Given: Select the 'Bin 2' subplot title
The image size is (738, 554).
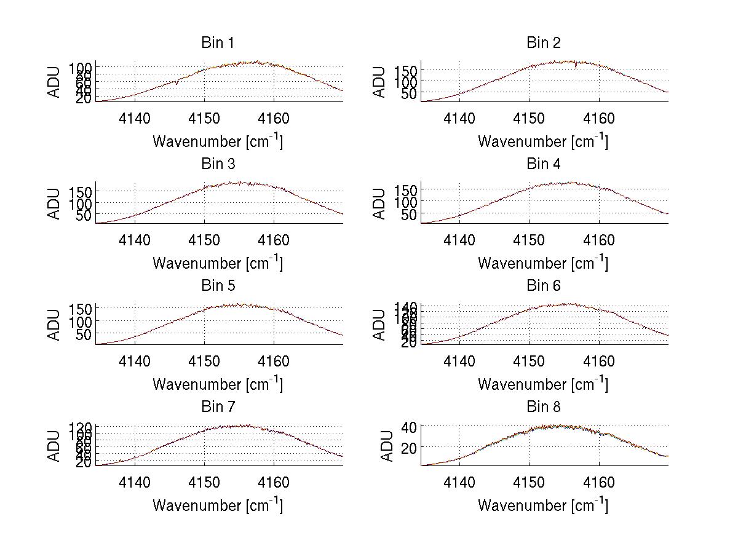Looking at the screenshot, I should (x=544, y=43).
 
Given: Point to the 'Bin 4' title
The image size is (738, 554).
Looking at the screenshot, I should (x=544, y=164).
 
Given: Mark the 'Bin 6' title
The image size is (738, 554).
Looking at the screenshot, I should (x=544, y=286).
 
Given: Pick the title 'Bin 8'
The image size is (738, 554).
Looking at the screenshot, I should (x=544, y=407).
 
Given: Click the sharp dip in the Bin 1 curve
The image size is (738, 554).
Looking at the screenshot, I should (x=177, y=83).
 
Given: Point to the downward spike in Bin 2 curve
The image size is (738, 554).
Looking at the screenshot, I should (x=576, y=67).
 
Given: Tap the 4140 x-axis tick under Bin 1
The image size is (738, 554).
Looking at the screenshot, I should (x=135, y=118).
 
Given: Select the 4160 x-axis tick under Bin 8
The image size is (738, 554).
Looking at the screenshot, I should (x=598, y=483).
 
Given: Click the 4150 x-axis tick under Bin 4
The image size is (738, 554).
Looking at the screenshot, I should (x=529, y=240).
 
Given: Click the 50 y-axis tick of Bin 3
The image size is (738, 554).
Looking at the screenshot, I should (x=84, y=214).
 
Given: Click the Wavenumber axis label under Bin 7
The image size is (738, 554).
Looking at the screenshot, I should (x=217, y=505).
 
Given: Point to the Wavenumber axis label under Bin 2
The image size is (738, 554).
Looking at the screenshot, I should (x=543, y=141).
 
